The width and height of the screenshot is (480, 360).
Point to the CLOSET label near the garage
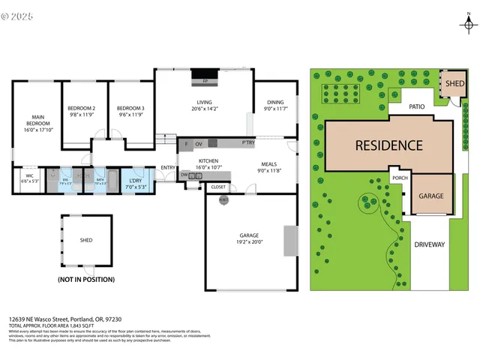click(x=218, y=187)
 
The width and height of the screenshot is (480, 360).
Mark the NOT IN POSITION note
click(x=86, y=279)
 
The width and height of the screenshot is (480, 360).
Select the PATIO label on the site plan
click(x=417, y=107)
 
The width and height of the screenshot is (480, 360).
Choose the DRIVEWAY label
click(x=430, y=244)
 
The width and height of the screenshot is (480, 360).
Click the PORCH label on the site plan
click(x=400, y=178)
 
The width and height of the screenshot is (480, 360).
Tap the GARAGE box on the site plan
click(x=430, y=196)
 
